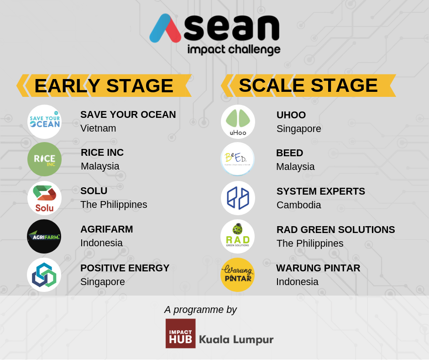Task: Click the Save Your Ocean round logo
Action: click(x=44, y=122)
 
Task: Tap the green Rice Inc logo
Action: click(x=44, y=159)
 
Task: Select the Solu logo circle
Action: click(x=44, y=198)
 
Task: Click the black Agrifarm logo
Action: click(x=44, y=236)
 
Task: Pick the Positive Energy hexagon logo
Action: click(x=44, y=275)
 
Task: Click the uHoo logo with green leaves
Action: click(x=238, y=122)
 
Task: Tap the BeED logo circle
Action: click(x=237, y=159)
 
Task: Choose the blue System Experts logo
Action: click(x=238, y=198)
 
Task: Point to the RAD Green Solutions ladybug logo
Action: click(x=237, y=236)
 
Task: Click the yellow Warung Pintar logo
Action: click(x=237, y=275)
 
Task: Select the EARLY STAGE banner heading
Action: click(x=104, y=85)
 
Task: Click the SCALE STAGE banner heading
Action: click(x=309, y=85)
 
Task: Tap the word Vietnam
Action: click(x=98, y=128)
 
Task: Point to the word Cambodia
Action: click(x=299, y=205)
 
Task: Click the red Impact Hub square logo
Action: click(x=181, y=334)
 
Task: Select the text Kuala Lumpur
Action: click(x=236, y=339)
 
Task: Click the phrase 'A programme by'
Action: click(x=200, y=310)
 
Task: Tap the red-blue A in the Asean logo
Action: click(x=165, y=28)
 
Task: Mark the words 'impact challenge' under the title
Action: click(x=234, y=50)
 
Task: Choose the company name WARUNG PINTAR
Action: click(x=318, y=268)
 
